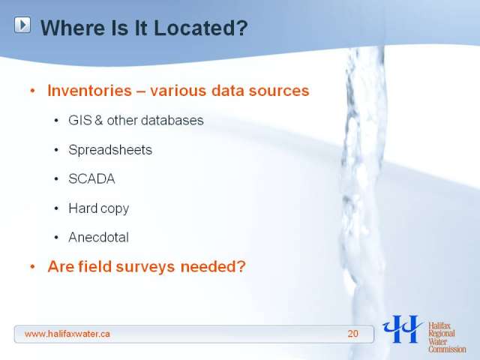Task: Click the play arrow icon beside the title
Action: [22, 25]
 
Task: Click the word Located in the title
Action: [200, 28]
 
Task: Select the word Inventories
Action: [90, 91]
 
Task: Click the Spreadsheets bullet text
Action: [110, 150]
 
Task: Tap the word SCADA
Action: [91, 179]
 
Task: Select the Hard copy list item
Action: [98, 208]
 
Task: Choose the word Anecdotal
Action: [98, 238]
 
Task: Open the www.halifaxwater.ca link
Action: [67, 334]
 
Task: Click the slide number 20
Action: [352, 334]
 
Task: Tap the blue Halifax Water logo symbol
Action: [402, 328]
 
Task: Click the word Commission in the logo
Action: [447, 349]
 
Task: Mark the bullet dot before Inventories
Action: [33, 91]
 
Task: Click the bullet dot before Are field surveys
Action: [33, 267]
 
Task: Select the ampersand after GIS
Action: [99, 120]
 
